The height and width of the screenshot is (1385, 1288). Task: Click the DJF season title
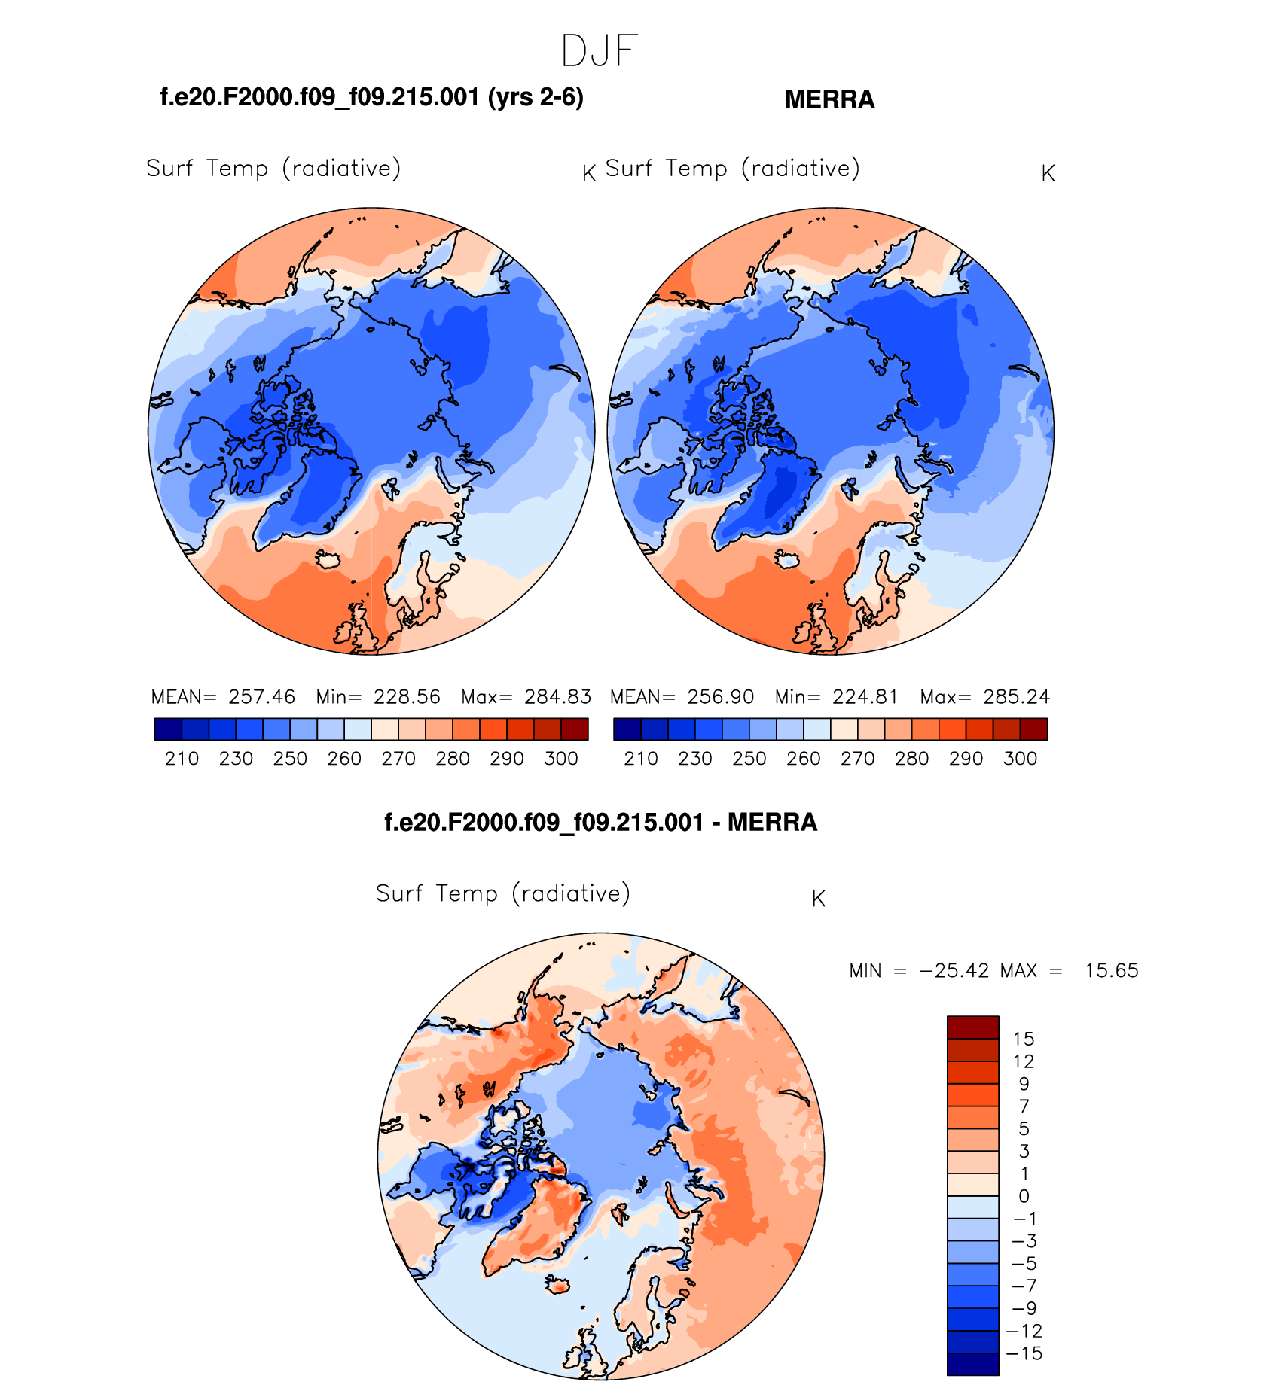point(600,51)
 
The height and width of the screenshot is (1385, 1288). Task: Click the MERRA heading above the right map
point(829,99)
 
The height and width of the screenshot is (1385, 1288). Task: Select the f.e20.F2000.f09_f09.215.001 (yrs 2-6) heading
point(371,97)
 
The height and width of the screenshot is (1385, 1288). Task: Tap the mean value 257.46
point(261,696)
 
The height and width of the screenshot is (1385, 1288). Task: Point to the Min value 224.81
point(865,696)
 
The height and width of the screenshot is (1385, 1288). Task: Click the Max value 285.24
point(1016,696)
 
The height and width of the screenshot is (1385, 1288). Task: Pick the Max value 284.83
point(557,696)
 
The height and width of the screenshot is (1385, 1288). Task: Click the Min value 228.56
point(407,696)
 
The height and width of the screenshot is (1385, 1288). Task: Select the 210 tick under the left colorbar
point(182,758)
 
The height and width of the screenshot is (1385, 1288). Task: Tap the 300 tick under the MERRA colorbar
point(1020,758)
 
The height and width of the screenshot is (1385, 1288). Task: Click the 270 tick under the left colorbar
point(398,758)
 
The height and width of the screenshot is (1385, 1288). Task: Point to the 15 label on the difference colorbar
point(1024,1039)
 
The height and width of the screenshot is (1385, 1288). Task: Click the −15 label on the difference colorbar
point(1024,1353)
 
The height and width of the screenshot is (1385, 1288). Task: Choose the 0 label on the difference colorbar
point(1024,1196)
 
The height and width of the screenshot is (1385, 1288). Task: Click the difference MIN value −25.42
point(954,970)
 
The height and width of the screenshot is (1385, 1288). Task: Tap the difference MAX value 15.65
point(1111,970)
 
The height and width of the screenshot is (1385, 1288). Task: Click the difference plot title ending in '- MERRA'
point(600,822)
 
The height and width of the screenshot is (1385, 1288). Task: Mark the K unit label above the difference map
point(819,898)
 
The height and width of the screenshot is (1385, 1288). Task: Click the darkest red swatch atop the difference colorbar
point(972,1027)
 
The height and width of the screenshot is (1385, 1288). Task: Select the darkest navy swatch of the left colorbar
point(168,729)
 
